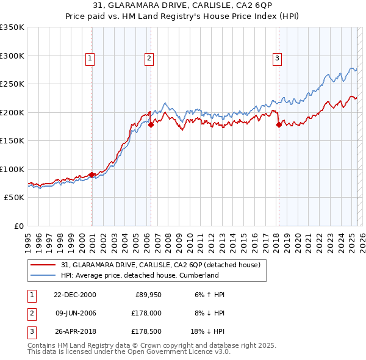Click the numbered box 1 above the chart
click(90, 59)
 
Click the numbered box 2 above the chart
click(149, 59)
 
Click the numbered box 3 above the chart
click(277, 59)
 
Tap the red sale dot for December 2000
click(91, 175)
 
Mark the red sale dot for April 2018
click(279, 124)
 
